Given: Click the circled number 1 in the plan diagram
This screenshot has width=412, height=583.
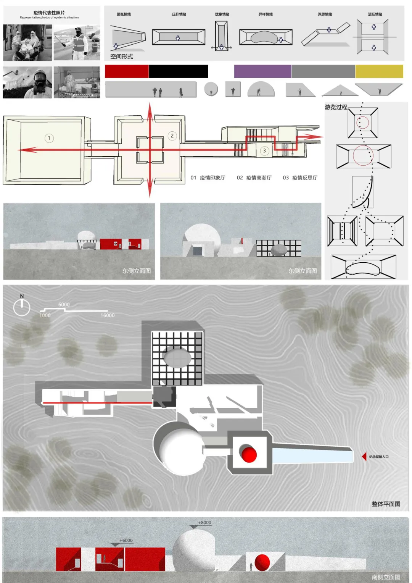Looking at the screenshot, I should [x=49, y=138].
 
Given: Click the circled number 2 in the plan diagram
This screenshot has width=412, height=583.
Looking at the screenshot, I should [x=172, y=136].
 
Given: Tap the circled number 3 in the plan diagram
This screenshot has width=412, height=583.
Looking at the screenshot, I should [x=264, y=151].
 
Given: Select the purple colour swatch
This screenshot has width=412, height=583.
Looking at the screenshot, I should [x=262, y=71].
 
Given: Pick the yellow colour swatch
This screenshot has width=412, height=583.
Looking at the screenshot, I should [x=379, y=71].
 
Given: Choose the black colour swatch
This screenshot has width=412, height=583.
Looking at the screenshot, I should [x=178, y=71].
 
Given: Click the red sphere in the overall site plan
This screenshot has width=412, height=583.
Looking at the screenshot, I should [x=249, y=454].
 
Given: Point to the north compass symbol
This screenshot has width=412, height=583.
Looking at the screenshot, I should [x=22, y=307].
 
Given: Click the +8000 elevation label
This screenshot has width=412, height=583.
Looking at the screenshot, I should [x=204, y=523].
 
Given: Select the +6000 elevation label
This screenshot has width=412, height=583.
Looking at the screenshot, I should [x=126, y=541].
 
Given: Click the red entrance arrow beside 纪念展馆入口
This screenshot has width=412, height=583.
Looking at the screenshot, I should [x=364, y=456].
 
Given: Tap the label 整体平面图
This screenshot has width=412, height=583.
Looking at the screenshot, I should [x=386, y=504].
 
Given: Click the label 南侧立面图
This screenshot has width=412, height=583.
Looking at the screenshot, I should [x=386, y=577].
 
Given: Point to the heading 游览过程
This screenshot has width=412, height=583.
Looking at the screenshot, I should [x=336, y=107].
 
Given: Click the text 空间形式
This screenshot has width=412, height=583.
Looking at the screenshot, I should [x=122, y=57].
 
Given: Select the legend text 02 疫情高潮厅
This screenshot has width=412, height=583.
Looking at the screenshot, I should [x=254, y=178].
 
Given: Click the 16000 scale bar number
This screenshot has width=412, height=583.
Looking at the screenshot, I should [x=108, y=315].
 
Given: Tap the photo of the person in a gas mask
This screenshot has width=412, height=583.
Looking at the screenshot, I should [x=28, y=82].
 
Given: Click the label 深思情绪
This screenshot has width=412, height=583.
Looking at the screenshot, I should [x=325, y=15].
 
